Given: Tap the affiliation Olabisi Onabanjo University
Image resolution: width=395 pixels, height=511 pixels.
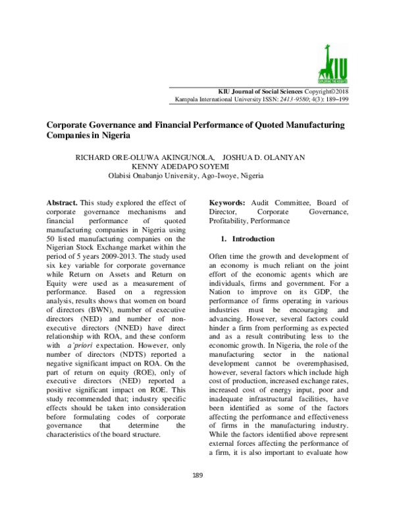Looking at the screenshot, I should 150,176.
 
